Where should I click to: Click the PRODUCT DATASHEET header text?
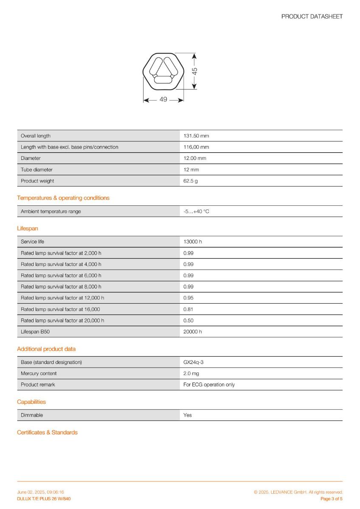312,17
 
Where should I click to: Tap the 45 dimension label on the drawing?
195,70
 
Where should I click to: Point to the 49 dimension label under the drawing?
163,100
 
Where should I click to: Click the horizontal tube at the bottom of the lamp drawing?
162,79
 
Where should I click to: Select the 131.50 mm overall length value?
196,136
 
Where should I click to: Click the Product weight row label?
37,181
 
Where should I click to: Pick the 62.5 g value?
190,181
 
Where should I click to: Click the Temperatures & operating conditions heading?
63,198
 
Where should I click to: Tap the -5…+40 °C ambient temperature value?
196,211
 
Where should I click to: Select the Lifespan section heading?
28,228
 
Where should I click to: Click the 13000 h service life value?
192,242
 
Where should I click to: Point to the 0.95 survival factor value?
188,298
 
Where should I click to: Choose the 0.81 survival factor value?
188,309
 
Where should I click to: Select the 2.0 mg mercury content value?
191,374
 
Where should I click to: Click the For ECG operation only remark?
209,385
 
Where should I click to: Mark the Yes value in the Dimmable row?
188,415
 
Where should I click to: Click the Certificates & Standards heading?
47,433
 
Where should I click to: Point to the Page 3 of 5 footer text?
331,499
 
